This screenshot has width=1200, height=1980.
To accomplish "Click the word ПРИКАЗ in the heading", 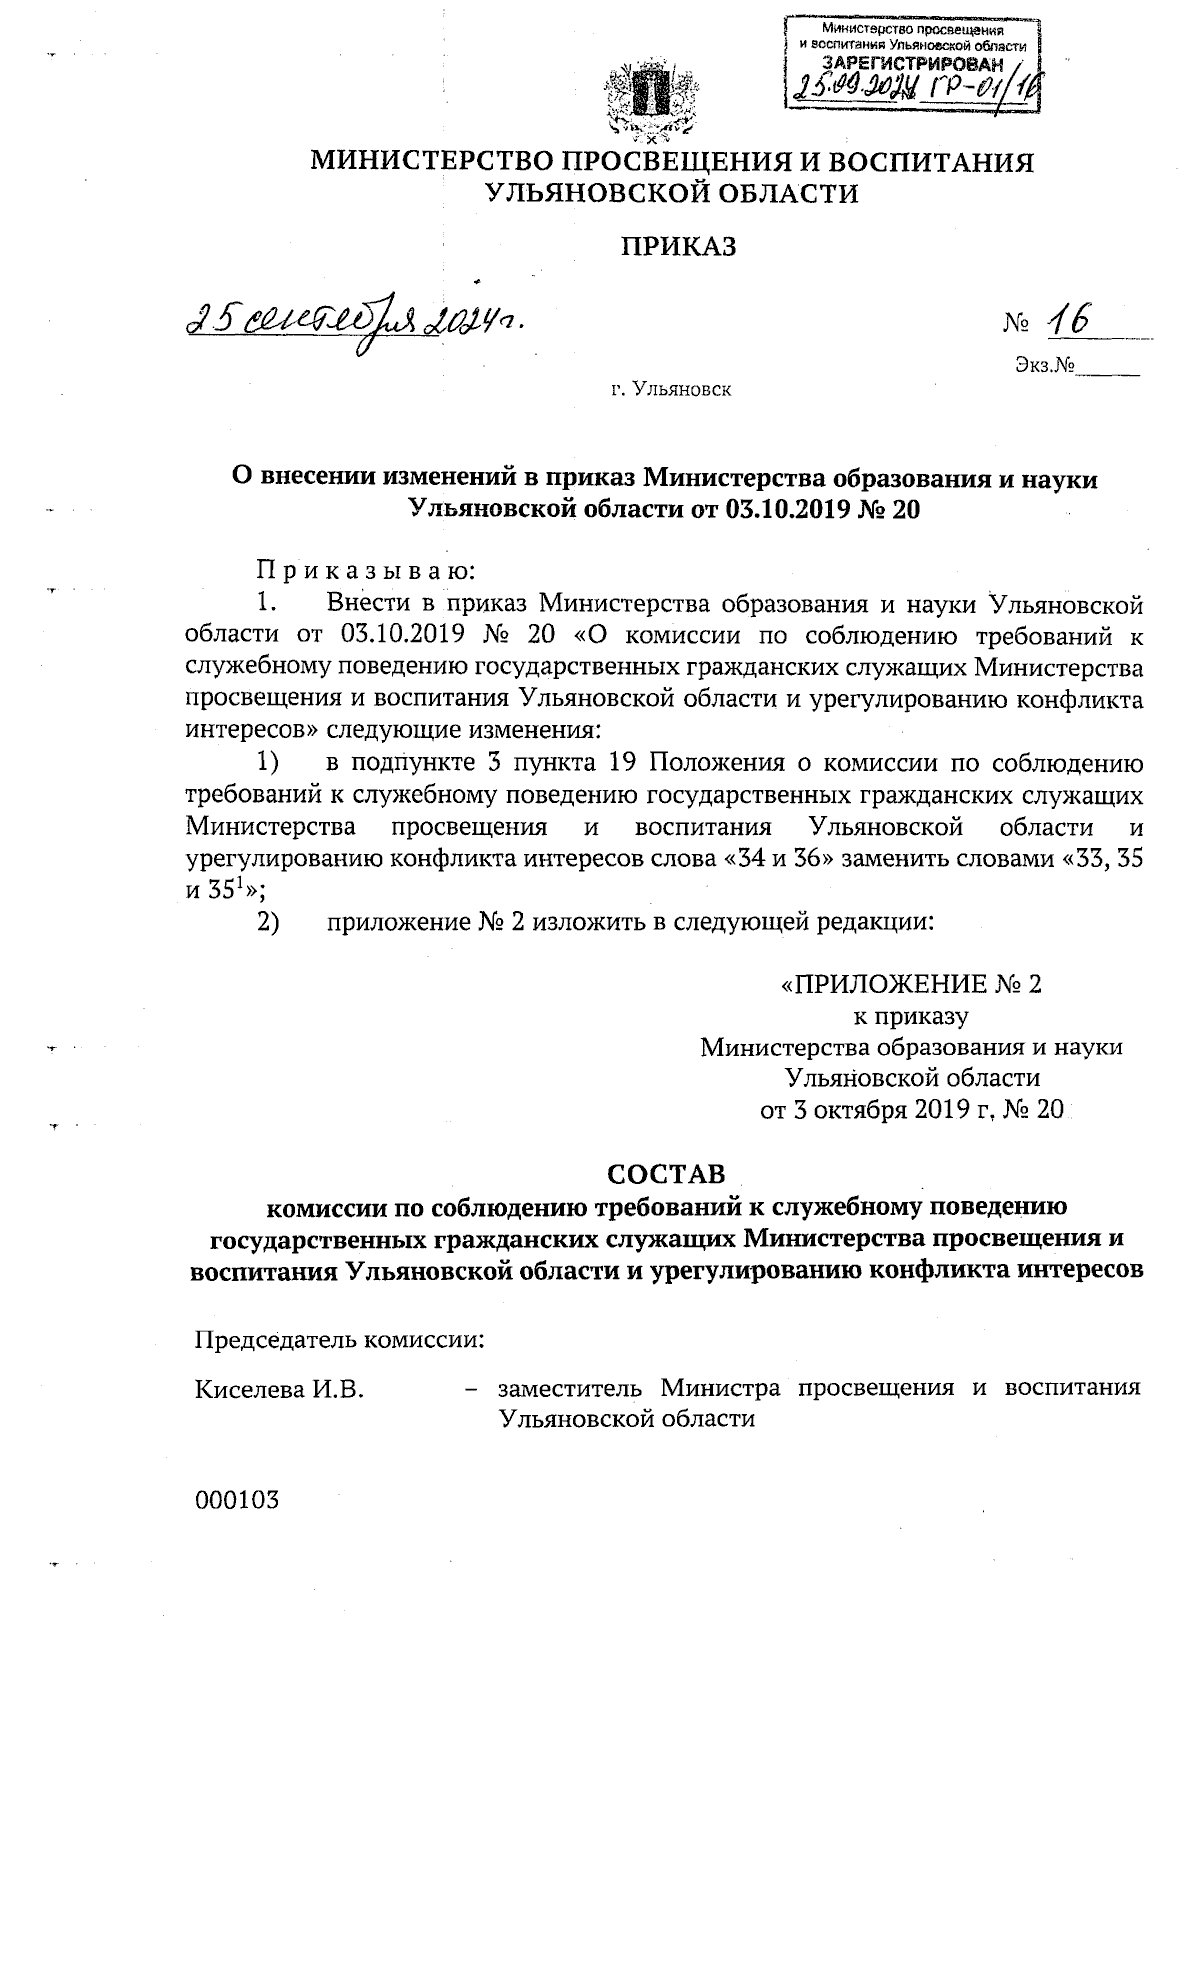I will click(680, 246).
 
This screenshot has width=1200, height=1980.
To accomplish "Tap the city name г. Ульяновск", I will click(672, 389).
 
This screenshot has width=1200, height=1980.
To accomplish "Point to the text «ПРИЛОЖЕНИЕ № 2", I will click(911, 984).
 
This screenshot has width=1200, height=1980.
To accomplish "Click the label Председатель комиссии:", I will click(339, 1340).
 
